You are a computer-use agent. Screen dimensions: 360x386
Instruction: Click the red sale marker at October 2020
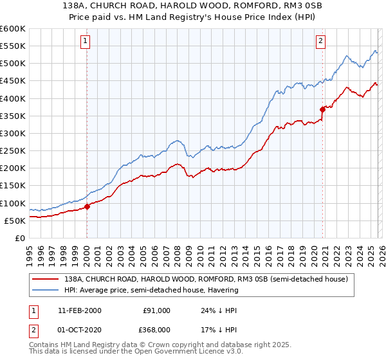click(x=322, y=109)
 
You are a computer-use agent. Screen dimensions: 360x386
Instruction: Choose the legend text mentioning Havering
click(x=151, y=290)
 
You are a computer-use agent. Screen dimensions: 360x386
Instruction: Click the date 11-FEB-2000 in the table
click(x=79, y=310)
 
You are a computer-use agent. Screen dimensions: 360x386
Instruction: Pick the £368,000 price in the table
click(x=156, y=330)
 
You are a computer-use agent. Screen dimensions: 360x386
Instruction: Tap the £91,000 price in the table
click(x=156, y=310)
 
